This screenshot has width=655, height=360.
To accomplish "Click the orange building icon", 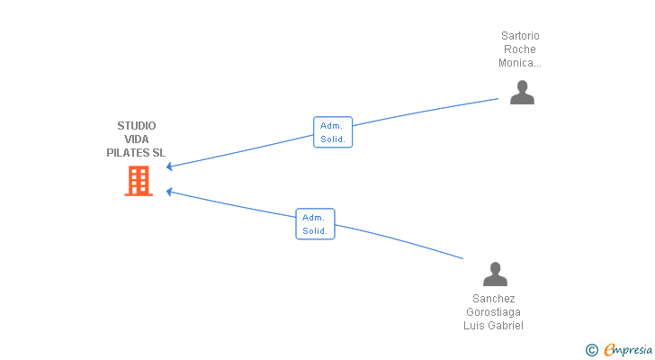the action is [x=139, y=181].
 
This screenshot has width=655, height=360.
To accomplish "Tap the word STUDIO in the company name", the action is [x=137, y=126].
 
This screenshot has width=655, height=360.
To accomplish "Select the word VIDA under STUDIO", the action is [x=137, y=139].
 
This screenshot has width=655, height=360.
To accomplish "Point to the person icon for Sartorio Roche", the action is [x=522, y=93].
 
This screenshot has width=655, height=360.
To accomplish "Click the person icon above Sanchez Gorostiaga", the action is [x=495, y=274].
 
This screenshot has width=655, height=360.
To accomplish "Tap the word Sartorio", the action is [x=520, y=36].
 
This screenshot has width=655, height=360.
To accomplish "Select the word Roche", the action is [x=520, y=49].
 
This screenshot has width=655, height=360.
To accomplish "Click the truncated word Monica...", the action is [x=520, y=63].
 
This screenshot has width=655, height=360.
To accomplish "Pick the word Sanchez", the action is [x=493, y=299].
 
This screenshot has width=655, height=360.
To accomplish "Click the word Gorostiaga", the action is [x=493, y=312].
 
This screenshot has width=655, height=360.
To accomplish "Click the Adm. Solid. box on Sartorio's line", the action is [x=333, y=132].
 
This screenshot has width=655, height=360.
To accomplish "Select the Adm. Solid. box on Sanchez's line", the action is [x=316, y=224].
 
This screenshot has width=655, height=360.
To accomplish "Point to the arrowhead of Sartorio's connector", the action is [x=169, y=166].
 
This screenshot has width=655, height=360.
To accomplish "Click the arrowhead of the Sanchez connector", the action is [x=169, y=192].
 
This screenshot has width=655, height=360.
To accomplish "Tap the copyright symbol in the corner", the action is [x=591, y=350].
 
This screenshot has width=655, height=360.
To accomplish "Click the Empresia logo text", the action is [x=628, y=350].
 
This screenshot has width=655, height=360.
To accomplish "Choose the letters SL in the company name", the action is [x=158, y=153].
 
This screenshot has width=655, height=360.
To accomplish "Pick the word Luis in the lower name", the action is [x=473, y=326].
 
